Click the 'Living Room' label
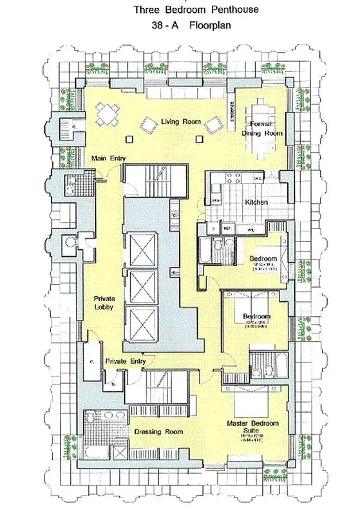point(180,122)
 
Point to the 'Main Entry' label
point(108,158)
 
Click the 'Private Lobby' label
point(104,303)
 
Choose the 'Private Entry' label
point(125,361)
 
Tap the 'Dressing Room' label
point(158,431)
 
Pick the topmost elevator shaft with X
point(142,246)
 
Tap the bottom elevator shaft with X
point(142,320)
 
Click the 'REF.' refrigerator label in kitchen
point(227,228)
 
